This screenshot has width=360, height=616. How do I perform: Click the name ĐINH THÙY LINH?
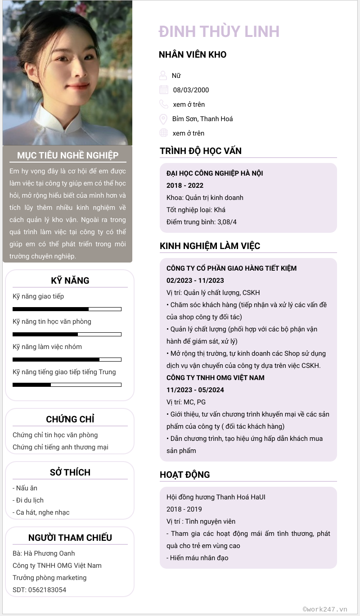click(x=219, y=32)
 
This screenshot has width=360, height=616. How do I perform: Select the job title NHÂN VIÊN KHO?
click(x=193, y=55)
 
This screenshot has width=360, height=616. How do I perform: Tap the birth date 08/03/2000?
click(x=191, y=90)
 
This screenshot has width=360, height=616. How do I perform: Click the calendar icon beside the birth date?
click(x=164, y=90)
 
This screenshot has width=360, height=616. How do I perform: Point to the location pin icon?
click(x=163, y=119)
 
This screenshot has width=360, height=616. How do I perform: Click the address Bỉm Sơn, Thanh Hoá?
click(x=202, y=119)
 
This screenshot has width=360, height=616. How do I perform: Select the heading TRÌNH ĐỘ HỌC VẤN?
click(x=201, y=151)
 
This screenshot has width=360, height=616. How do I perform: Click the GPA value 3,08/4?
click(x=227, y=222)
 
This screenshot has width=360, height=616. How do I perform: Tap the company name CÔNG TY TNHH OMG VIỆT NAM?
click(x=216, y=378)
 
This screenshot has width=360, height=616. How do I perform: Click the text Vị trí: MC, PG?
click(x=186, y=402)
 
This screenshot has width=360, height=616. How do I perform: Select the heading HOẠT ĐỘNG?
click(x=185, y=475)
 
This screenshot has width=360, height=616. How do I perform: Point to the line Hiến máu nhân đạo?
click(x=199, y=558)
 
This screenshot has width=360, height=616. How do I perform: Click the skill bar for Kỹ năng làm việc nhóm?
click(x=67, y=359)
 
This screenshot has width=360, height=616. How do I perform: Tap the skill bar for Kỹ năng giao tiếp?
click(x=67, y=309)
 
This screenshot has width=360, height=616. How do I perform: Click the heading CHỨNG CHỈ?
click(x=70, y=419)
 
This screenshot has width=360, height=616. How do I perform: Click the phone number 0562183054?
click(x=47, y=590)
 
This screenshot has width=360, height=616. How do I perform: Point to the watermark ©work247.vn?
click(x=325, y=609)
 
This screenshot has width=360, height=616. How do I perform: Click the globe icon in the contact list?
click(x=163, y=133)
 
